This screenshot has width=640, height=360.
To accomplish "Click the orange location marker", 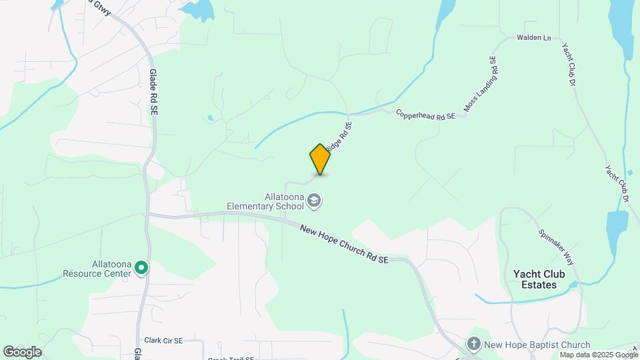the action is click(320, 159).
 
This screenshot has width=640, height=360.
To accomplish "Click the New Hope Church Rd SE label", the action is click(344, 243).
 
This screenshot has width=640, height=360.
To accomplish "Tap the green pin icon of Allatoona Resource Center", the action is click(141, 268).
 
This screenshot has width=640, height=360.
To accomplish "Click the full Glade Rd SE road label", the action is click(153, 93).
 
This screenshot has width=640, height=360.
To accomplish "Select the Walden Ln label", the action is click(533, 38).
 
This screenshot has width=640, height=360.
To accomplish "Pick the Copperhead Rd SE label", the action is click(425, 115).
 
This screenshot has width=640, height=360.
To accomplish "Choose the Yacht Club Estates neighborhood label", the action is click(539, 279).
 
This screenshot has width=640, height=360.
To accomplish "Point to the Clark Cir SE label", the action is click(163, 340).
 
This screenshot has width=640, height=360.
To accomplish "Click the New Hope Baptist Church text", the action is click(537, 345).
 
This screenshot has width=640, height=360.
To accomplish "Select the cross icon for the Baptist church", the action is click(474, 344).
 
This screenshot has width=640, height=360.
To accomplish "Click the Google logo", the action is click(22, 351).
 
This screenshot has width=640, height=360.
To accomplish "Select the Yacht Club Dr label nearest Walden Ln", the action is click(568, 65).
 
